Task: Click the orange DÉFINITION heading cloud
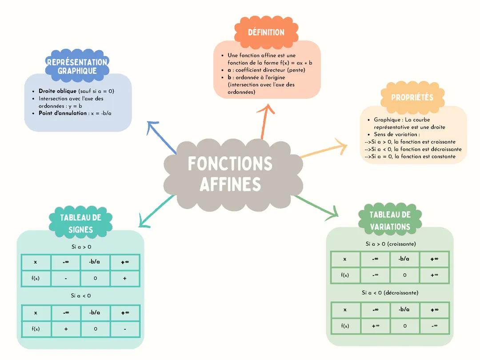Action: pyautogui.click(x=266, y=32)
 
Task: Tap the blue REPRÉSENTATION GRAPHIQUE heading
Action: pyautogui.click(x=77, y=67)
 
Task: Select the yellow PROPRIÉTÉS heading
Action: pyautogui.click(x=412, y=97)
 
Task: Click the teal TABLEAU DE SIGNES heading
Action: pyautogui.click(x=81, y=224)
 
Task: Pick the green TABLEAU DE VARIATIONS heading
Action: pyautogui.click(x=390, y=220)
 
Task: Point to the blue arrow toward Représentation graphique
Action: pyautogui.click(x=160, y=136)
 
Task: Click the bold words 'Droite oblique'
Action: pyautogui.click(x=57, y=91)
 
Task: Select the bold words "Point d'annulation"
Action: pyautogui.click(x=63, y=113)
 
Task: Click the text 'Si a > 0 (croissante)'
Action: pyautogui.click(x=391, y=244)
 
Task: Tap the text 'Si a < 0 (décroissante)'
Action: pyautogui.click(x=390, y=293)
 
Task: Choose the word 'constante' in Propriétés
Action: pyautogui.click(x=442, y=156)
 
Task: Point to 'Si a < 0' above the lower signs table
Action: pyautogui.click(x=81, y=296)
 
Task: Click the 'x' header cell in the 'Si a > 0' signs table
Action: pyautogui.click(x=36, y=262)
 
